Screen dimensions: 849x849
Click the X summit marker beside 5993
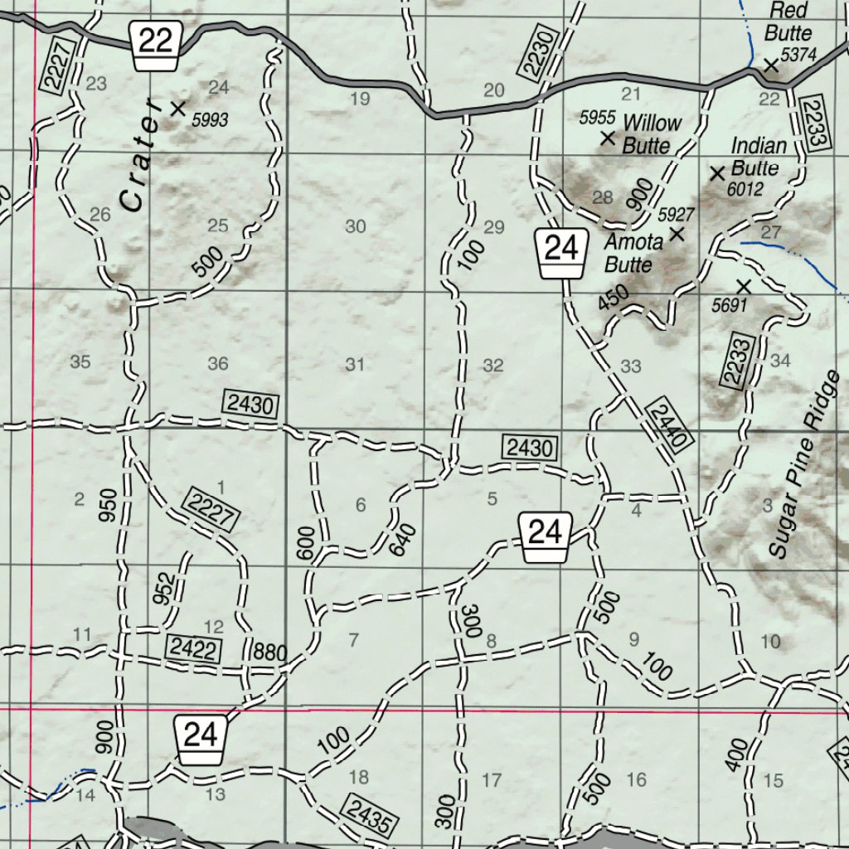[177, 108]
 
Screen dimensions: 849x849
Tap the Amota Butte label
[633, 254]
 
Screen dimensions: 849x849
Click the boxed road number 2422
[194, 648]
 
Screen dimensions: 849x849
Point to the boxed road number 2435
[368, 814]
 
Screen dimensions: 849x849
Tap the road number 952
[164, 588]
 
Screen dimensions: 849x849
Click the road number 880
[270, 653]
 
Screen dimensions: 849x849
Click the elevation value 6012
[745, 189]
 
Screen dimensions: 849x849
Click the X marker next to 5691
[744, 287]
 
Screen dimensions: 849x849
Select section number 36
[218, 363]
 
